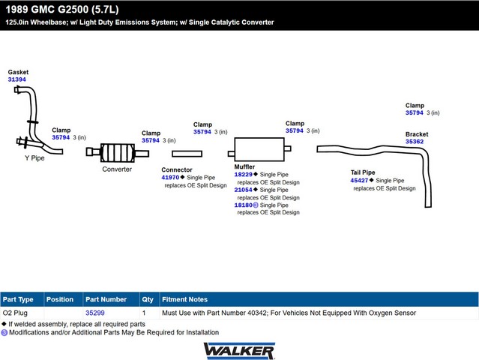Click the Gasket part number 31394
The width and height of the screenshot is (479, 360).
[x=16, y=79]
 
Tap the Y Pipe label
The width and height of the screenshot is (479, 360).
[x=34, y=158]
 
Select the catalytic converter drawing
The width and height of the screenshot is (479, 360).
[x=118, y=152]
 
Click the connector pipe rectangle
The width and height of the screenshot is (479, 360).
[x=187, y=154]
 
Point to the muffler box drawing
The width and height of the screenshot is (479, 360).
[x=259, y=149]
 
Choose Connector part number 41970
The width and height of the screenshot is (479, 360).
[x=170, y=178]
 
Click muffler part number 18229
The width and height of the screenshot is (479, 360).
[x=243, y=175]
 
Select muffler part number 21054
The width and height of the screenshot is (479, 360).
[x=243, y=190]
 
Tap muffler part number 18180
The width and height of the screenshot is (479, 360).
[x=243, y=205]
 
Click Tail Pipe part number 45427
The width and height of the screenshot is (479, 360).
[x=359, y=180]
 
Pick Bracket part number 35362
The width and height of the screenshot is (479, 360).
[x=415, y=142]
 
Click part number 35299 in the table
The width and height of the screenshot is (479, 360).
[x=95, y=313]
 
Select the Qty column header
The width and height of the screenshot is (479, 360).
[x=148, y=299]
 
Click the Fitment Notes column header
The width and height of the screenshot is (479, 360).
[x=185, y=299]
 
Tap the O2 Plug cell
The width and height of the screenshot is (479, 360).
[x=15, y=313]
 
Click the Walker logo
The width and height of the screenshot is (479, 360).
[x=239, y=351]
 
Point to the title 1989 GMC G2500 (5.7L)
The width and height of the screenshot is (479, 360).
[x=62, y=10]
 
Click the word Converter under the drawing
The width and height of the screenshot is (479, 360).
[x=117, y=169]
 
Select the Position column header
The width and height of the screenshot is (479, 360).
[x=60, y=299]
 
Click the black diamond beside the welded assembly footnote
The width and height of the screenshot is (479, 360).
[x=4, y=324]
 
